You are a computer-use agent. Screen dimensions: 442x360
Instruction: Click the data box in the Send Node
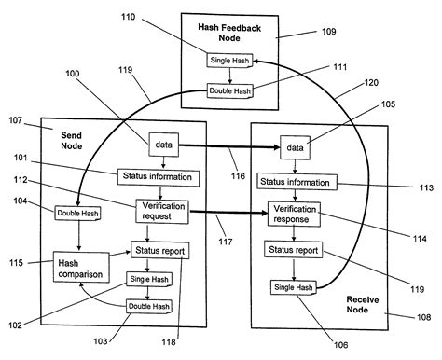click(164, 145)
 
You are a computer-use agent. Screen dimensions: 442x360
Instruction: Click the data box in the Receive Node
click(295, 147)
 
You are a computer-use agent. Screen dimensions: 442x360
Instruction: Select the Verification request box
click(162, 212)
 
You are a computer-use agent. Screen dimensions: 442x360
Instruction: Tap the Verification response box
click(294, 215)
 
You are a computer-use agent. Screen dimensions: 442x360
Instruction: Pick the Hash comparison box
click(81, 267)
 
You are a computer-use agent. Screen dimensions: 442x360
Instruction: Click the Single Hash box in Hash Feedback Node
click(229, 60)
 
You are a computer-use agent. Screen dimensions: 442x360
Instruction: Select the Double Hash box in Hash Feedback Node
click(229, 91)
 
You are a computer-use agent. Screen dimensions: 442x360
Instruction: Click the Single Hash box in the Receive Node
click(294, 287)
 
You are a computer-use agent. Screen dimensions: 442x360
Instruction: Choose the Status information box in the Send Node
click(159, 177)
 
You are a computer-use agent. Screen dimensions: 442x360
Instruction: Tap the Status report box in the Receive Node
click(294, 249)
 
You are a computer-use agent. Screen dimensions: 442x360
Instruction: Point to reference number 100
click(73, 74)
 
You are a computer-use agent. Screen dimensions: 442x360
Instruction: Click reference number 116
click(238, 176)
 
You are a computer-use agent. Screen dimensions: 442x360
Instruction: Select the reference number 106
click(341, 344)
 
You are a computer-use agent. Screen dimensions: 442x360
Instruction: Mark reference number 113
click(426, 187)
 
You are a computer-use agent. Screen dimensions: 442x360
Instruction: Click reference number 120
click(371, 83)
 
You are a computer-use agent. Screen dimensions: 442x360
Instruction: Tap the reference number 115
click(16, 263)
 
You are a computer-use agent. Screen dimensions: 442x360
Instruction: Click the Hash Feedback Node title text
click(229, 33)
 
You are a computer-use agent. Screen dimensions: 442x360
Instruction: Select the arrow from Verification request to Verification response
click(228, 213)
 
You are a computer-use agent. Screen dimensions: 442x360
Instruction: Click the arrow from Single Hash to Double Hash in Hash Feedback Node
click(230, 76)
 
